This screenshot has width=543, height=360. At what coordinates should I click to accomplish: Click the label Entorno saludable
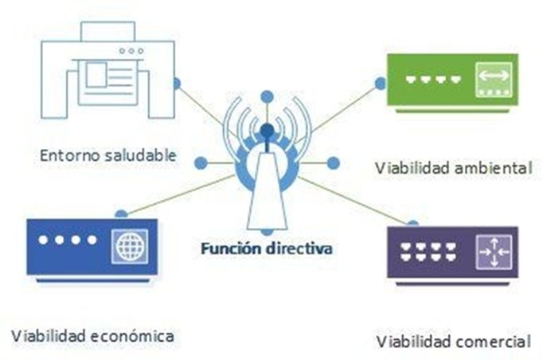107,153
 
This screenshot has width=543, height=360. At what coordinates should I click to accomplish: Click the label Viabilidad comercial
451,342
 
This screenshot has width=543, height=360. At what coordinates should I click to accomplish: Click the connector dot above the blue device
120,213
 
